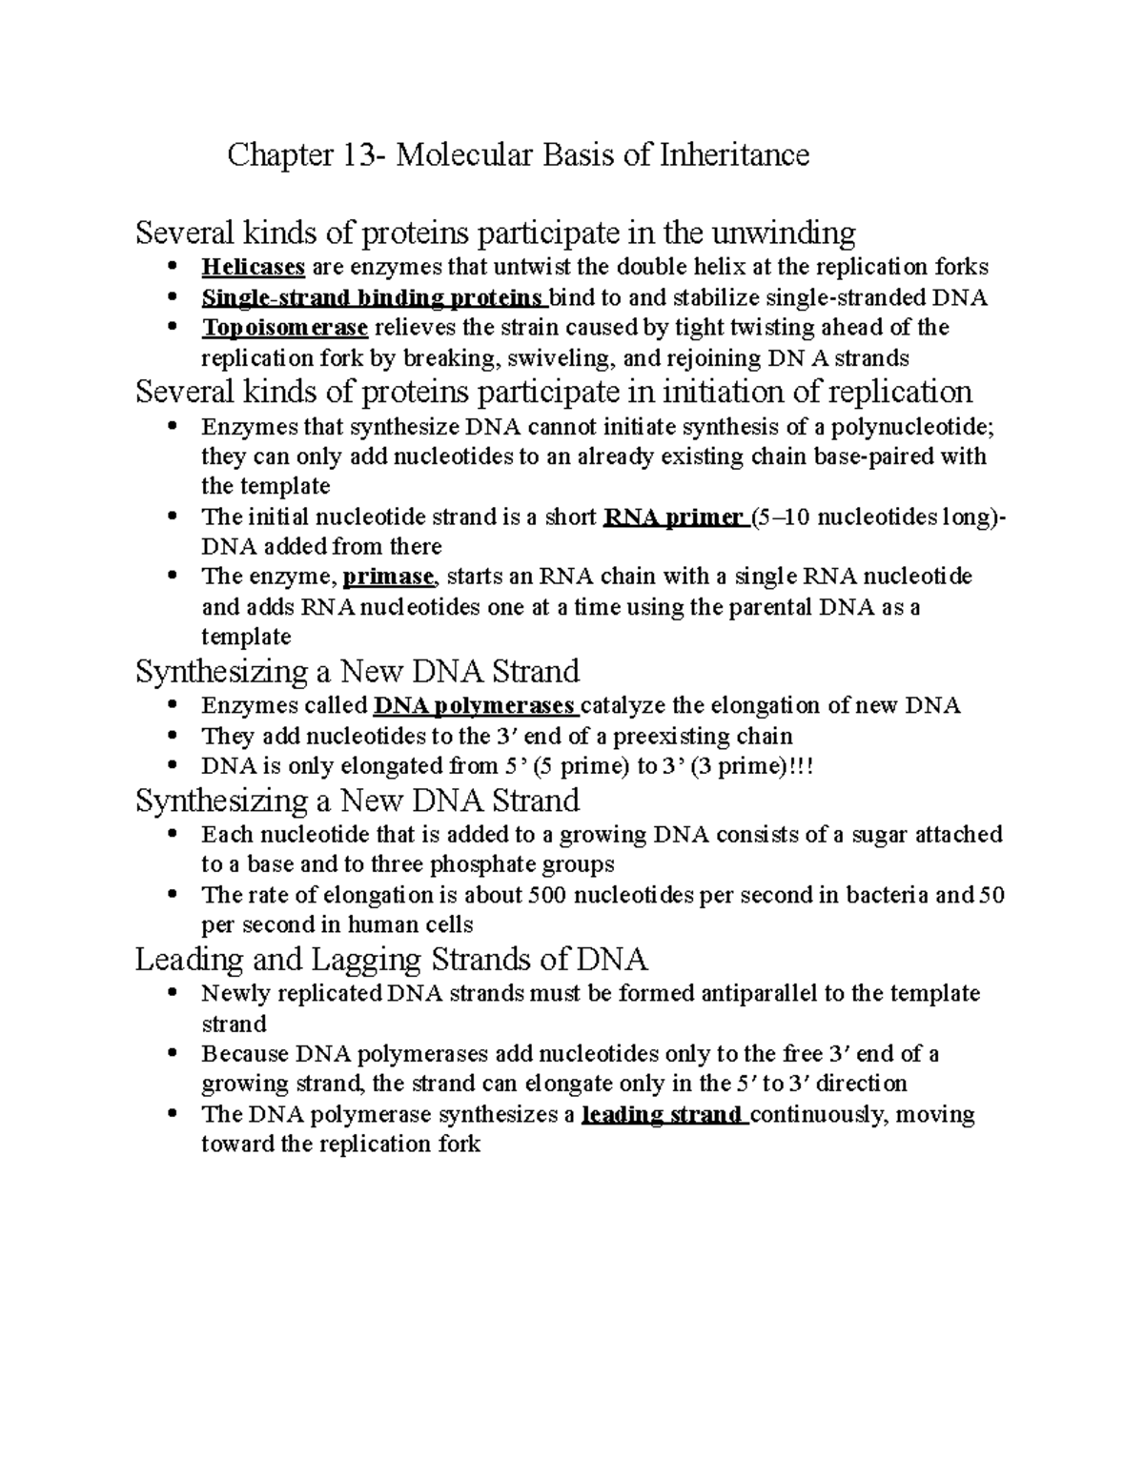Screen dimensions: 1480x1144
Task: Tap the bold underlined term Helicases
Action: [253, 267]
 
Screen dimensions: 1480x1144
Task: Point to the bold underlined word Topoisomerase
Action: [284, 328]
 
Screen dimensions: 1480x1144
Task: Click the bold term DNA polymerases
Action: [475, 705]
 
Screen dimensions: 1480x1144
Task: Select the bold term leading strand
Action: [664, 1114]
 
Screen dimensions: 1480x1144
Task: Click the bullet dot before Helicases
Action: [172, 267]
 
